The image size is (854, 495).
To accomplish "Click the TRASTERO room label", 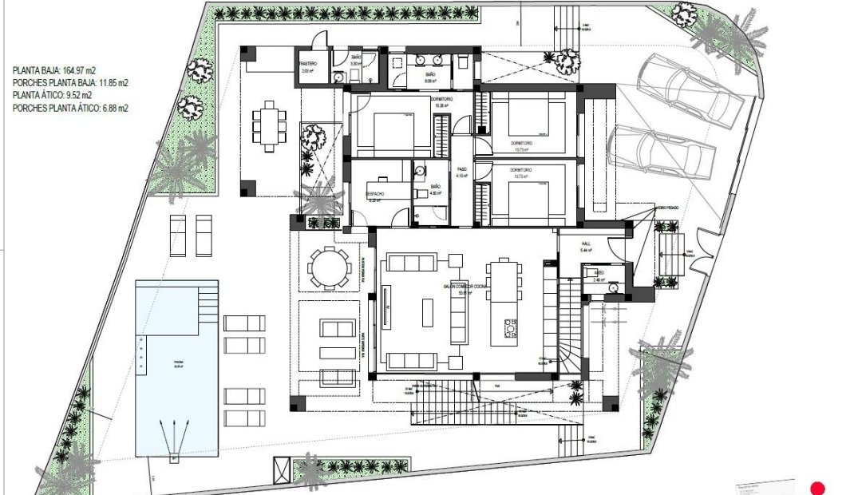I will [x=308, y=64].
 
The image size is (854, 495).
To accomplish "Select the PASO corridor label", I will [x=461, y=169].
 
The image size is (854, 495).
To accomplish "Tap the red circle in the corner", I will [x=816, y=488].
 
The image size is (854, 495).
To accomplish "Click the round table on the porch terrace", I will [x=328, y=266].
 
